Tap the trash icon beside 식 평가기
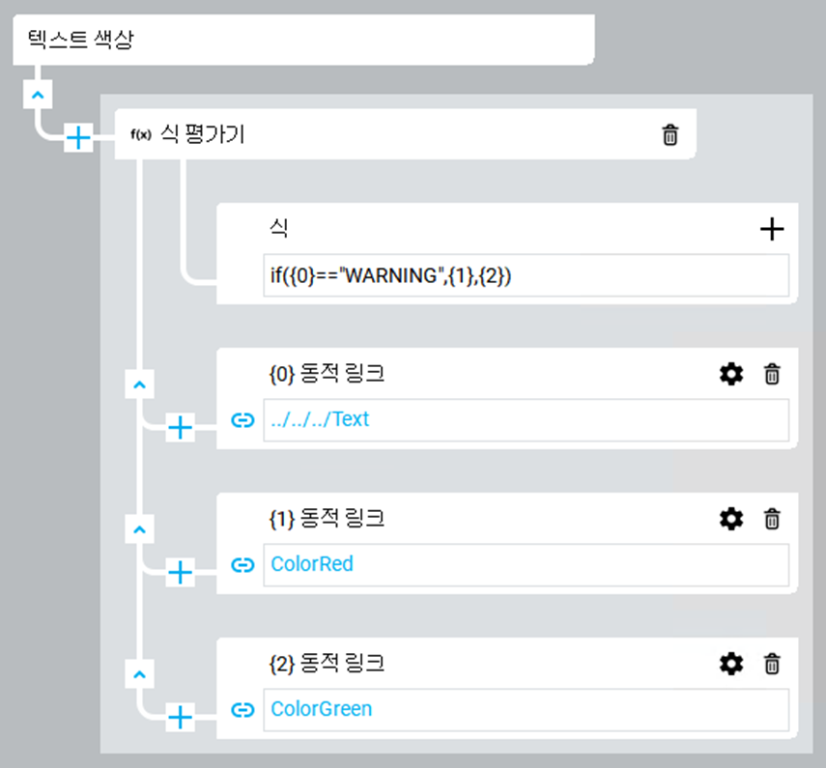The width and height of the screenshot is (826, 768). [x=669, y=135]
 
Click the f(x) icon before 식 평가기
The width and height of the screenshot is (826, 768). [x=140, y=135]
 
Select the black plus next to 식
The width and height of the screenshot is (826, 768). [x=772, y=229]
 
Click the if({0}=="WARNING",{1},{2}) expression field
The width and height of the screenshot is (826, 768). [x=526, y=275]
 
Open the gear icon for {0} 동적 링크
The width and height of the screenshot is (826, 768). [x=731, y=374]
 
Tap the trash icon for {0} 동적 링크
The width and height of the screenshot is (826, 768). [x=772, y=374]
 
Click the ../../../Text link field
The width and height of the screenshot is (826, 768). [x=526, y=420]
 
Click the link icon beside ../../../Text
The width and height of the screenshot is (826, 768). [x=242, y=420]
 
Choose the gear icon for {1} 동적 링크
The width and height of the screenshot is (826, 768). [x=731, y=519]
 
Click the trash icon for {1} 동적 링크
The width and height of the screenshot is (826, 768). [x=772, y=519]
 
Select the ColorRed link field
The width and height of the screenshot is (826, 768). [x=526, y=564]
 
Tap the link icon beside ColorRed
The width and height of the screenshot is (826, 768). [x=242, y=564]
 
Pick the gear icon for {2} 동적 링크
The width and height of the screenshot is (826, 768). [x=731, y=664]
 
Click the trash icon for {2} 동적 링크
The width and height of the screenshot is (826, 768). [x=772, y=664]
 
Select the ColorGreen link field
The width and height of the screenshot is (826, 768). [x=526, y=709]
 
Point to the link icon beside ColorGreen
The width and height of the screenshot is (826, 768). [x=242, y=709]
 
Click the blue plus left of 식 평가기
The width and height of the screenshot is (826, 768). [x=78, y=138]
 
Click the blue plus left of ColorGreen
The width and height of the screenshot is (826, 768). [x=181, y=716]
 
